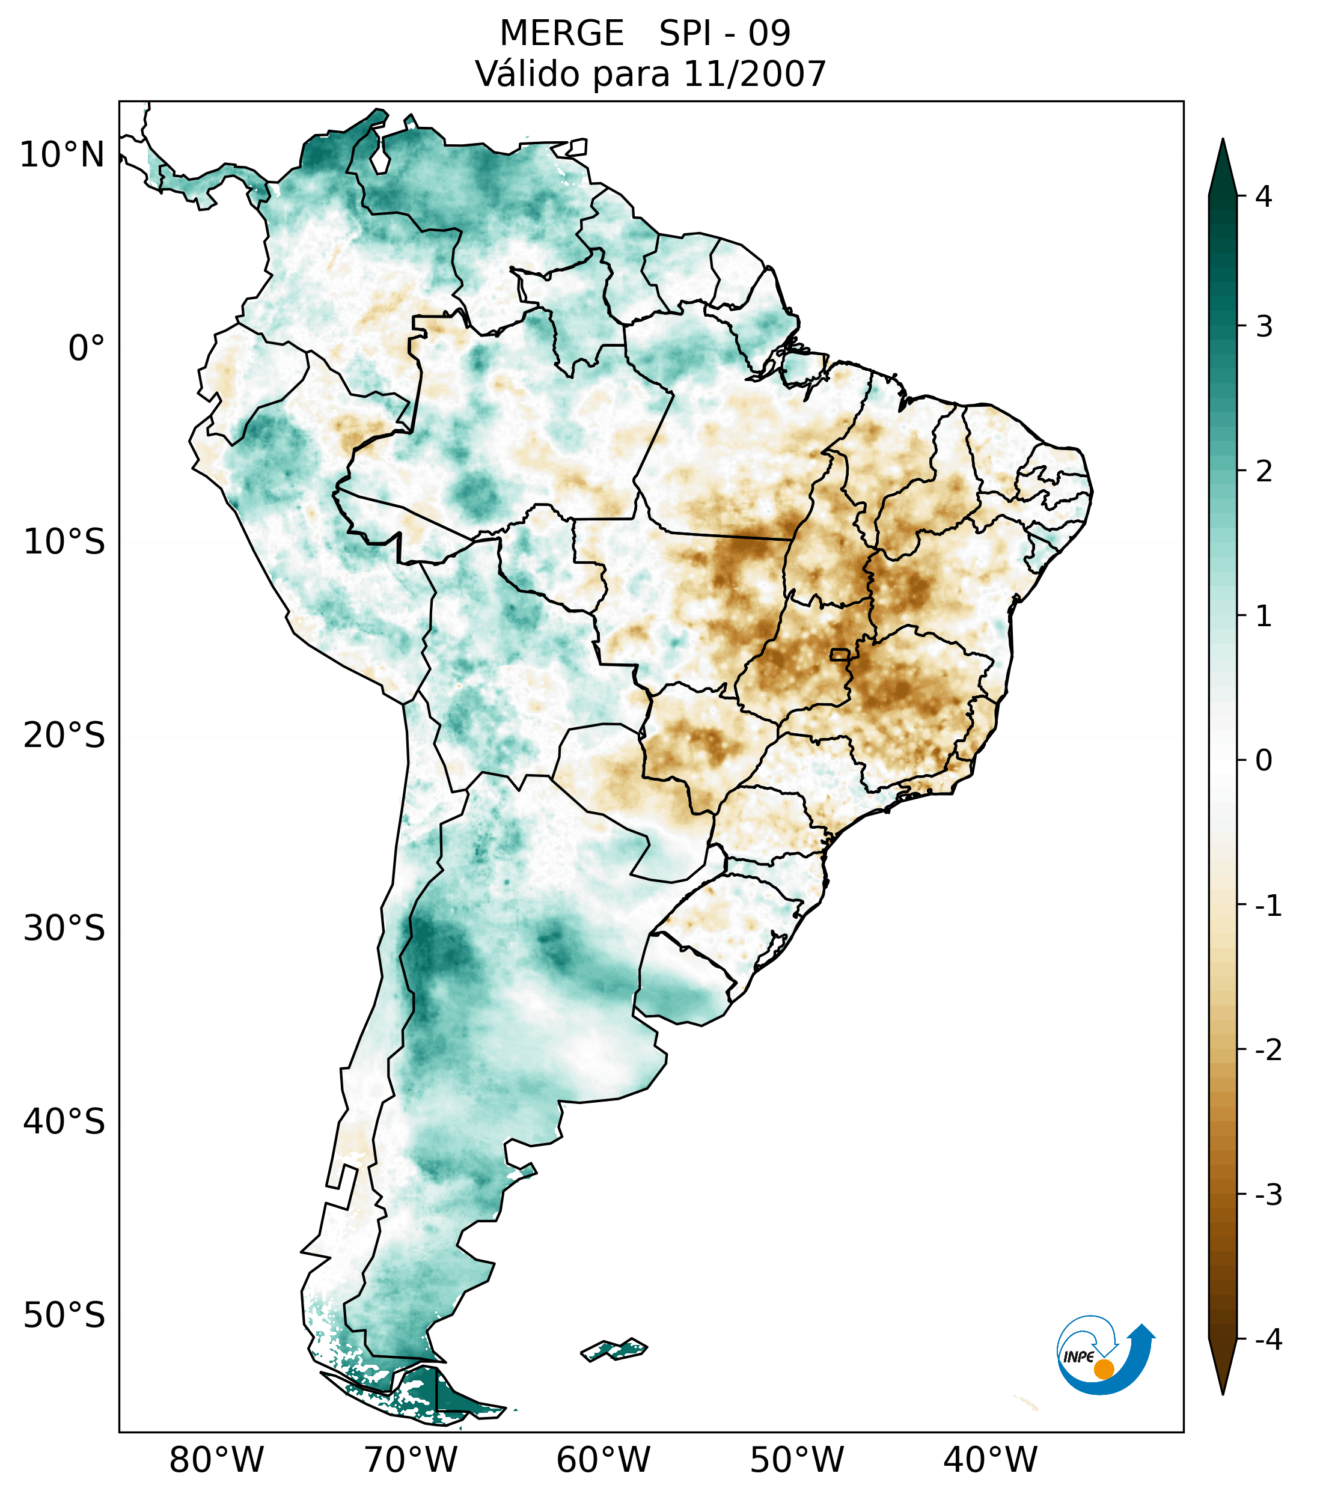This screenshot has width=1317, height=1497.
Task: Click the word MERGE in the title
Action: tap(561, 34)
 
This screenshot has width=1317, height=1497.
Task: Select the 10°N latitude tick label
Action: tap(63, 155)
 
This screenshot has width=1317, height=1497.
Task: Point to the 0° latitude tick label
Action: tap(87, 349)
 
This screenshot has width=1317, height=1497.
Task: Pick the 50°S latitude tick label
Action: tap(64, 1316)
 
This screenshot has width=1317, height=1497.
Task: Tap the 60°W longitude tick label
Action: tap(603, 1460)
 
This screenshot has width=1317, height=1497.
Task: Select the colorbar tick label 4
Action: tap(1264, 197)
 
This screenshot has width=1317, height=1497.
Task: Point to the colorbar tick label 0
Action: tap(1264, 761)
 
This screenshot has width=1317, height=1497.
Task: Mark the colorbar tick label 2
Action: tap(1264, 472)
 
